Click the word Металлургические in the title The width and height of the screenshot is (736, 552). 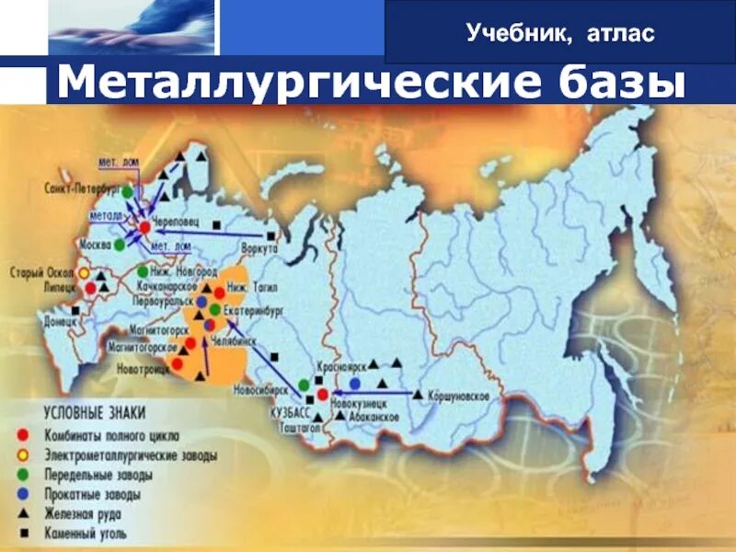282,83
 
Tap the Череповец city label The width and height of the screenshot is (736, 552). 175,221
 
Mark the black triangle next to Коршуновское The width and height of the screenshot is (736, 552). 419,395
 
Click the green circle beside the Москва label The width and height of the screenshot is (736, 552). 120,245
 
